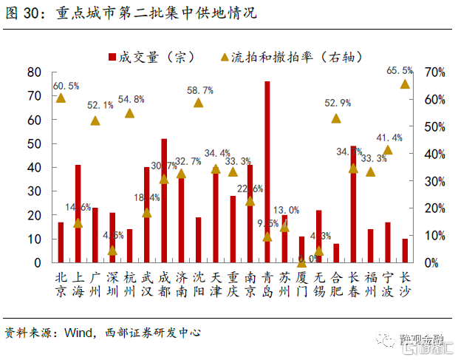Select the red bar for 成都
tap(164, 200)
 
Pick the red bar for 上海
tap(78, 214)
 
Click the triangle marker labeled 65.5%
tap(405, 84)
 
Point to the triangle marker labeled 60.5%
tap(61, 98)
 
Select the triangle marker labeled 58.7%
tap(198, 103)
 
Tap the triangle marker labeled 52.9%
tap(336, 118)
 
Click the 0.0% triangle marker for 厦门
tap(301, 262)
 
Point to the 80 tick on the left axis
tap(33, 72)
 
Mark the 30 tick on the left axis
tap(33, 191)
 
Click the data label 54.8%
tap(130, 99)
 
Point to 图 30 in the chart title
tap(23, 13)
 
